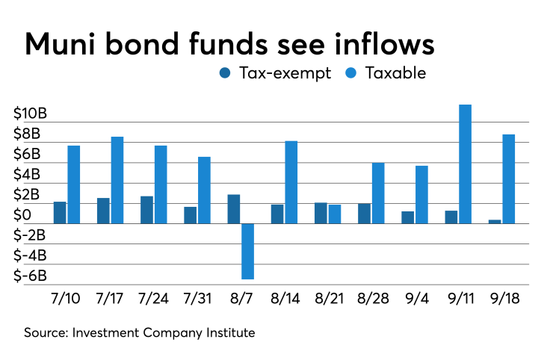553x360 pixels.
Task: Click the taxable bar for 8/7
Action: [x=247, y=251]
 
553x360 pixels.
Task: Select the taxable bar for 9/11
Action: [x=465, y=164]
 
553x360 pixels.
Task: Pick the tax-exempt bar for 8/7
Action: [x=234, y=209]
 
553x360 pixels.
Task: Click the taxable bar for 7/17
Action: [x=117, y=180]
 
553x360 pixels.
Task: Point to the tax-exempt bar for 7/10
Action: [x=60, y=213]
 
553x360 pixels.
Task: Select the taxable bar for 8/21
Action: [x=334, y=214]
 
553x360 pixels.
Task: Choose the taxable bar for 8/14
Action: [x=291, y=182]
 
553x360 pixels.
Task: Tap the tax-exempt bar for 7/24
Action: [x=147, y=210]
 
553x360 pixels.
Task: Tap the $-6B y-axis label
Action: [x=30, y=275]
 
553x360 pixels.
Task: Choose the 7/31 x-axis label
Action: [x=197, y=297]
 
